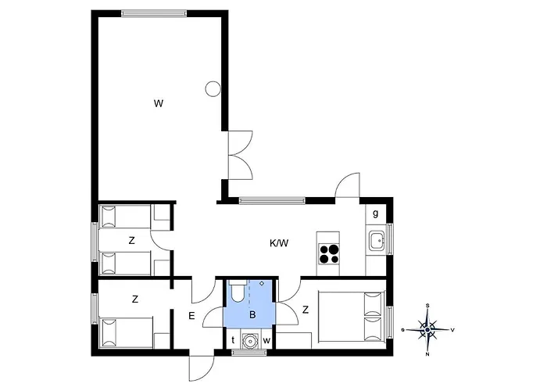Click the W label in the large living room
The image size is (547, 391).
pos(159,103)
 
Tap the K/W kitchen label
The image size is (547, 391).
pos(279,243)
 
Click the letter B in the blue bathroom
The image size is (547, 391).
pos(252,314)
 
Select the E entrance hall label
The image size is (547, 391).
pos(191,316)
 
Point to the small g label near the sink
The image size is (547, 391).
pos(375,213)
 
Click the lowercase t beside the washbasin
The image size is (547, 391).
pos(233,340)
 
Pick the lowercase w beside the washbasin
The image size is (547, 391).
pos(266,341)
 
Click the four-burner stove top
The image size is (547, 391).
pos(329,253)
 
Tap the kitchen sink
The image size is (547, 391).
pos(377,241)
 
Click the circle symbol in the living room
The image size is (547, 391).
pos(213,88)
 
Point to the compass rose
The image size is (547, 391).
pos(427,329)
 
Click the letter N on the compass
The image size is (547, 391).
pos(427,354)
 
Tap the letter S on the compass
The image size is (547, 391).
pos(427,306)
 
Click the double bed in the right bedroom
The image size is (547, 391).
pos(352,317)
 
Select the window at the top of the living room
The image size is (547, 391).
pos(154,13)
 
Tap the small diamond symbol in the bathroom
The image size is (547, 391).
pos(262,283)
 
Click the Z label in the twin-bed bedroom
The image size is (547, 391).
pos(131,241)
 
